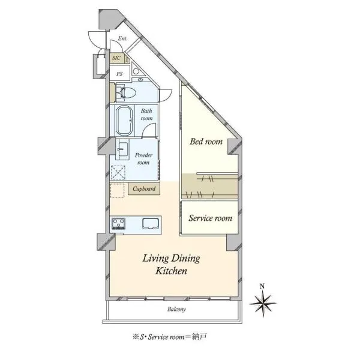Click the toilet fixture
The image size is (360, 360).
pyautogui.click(x=126, y=93)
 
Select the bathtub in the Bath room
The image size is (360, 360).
pyautogui.click(x=124, y=121)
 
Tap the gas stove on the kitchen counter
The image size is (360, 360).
pyautogui.click(x=118, y=223)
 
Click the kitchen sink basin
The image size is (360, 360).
pyautogui.click(x=151, y=224)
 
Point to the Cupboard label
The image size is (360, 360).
pyautogui.click(x=144, y=189)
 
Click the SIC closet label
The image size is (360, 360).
pyautogui.click(x=116, y=58)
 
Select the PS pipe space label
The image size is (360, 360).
pyautogui.click(x=119, y=74)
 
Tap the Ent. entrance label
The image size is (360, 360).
pyautogui.click(x=122, y=38)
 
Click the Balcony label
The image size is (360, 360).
pyautogui.click(x=176, y=309)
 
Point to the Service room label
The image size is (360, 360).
pyautogui.click(x=211, y=218)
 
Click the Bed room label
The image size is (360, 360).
pyautogui.click(x=206, y=142)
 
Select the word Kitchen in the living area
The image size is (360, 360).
pyautogui.click(x=171, y=271)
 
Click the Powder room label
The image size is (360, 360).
pyautogui.click(x=143, y=159)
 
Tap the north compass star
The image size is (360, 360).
pyautogui.click(x=263, y=304)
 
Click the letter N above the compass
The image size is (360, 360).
pyautogui.click(x=262, y=286)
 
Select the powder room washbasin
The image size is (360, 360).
pyautogui.click(x=122, y=149)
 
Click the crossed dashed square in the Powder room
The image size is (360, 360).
pyautogui.click(x=118, y=172)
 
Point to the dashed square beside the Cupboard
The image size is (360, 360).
pyautogui.click(x=118, y=190)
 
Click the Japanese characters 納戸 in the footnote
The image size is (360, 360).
pyautogui.click(x=200, y=337)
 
